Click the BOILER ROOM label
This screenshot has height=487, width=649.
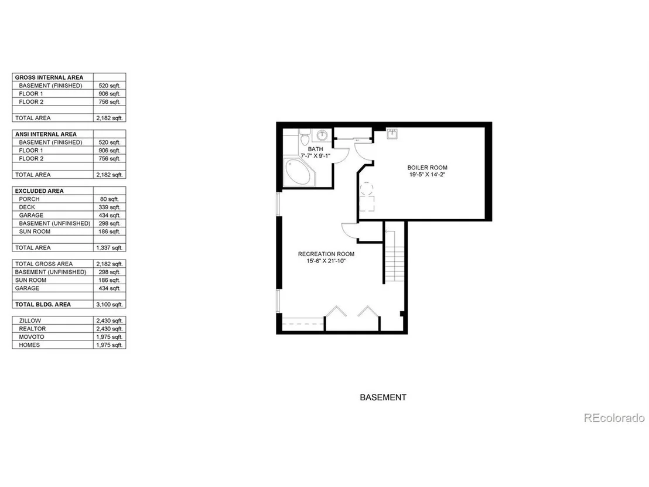[x=427, y=168]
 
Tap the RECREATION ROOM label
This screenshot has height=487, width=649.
[x=326, y=254]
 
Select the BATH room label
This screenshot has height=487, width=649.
[x=315, y=149]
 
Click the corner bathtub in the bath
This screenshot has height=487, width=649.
[x=297, y=172]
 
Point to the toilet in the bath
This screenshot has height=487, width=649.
[x=305, y=137]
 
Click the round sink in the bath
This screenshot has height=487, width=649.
[x=322, y=135]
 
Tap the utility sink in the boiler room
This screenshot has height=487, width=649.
[x=392, y=134]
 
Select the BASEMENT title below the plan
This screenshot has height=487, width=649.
[x=383, y=397]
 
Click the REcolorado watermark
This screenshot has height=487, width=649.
[x=614, y=418]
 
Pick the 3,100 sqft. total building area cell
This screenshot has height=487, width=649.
[x=110, y=304]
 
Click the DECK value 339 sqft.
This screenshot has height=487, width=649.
[x=110, y=207]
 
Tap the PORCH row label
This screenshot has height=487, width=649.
[x=29, y=199]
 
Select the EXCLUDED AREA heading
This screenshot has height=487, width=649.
[x=39, y=191]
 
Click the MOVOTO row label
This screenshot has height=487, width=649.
[x=32, y=337]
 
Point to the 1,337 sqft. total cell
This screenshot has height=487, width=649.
[x=110, y=248]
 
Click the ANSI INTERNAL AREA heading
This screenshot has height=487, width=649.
[x=46, y=134]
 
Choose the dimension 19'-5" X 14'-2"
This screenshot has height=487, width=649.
[x=427, y=175]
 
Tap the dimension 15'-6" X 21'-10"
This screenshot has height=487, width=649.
[x=326, y=261]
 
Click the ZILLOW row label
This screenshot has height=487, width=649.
[x=30, y=321]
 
